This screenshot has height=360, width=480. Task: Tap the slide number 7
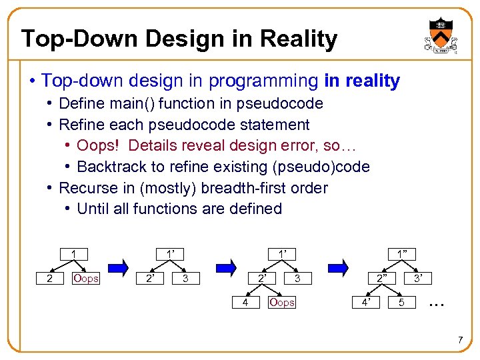coord(460,341)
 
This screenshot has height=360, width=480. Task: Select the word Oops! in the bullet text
coord(99,145)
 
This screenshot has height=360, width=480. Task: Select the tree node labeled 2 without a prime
coord(49,278)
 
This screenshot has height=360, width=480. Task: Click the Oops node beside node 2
coord(85,278)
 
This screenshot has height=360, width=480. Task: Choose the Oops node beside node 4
coord(281,303)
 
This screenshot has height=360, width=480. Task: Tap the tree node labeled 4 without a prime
coord(245,303)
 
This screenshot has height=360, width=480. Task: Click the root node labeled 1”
coord(402,253)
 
